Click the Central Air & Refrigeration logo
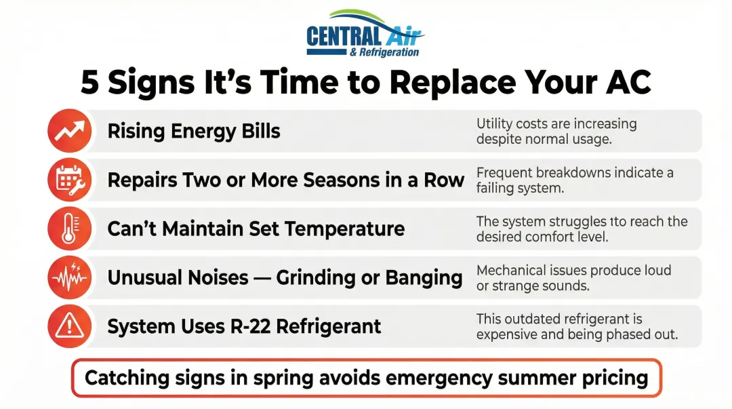[x=365, y=34]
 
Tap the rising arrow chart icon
[x=70, y=131]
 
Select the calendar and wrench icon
[x=70, y=180]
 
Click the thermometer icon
[x=70, y=229]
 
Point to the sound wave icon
[x=70, y=277]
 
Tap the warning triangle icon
[x=70, y=326]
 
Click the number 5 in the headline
[x=89, y=83]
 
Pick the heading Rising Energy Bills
[x=194, y=132]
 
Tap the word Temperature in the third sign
[x=344, y=229]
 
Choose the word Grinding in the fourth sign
[x=316, y=278]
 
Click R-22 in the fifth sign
[x=250, y=326]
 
